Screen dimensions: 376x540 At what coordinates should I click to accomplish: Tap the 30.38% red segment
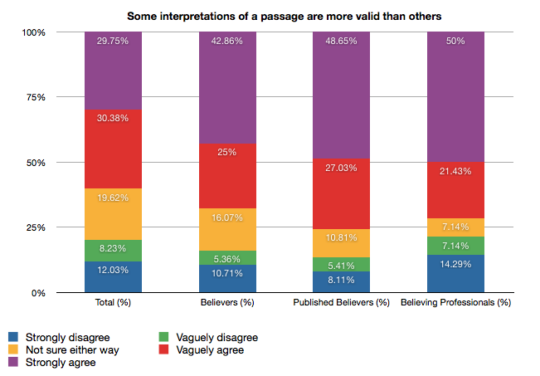pos(114,149)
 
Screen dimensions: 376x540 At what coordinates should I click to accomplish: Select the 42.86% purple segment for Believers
pos(227,88)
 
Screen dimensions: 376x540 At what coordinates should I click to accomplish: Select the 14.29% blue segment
pos(455,274)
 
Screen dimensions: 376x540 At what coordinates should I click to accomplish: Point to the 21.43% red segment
pos(455,190)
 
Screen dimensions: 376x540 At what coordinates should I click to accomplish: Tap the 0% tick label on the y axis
pos(38,293)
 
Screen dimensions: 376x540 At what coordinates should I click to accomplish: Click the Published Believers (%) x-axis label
pos(341,304)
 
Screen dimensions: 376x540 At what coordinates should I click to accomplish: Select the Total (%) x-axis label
pos(114,304)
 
